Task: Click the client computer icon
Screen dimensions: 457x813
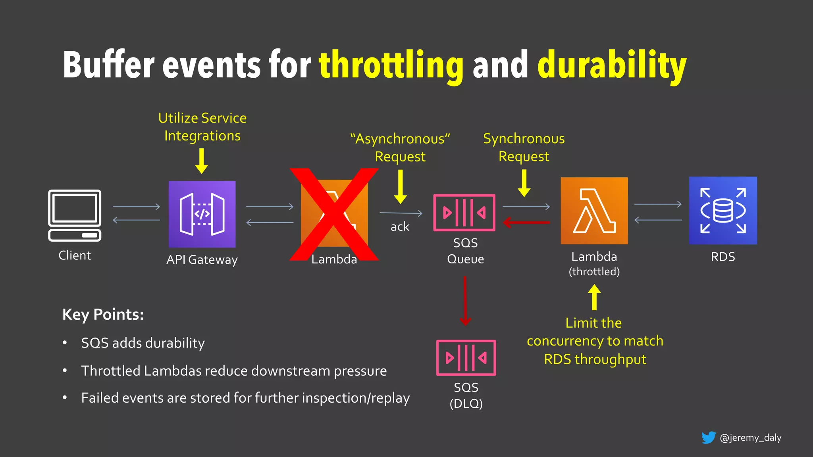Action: coord(75,215)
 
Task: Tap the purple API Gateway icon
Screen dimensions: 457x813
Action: coord(202,214)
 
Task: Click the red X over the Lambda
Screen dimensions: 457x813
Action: coord(334,215)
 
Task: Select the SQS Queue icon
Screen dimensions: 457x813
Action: coord(464,213)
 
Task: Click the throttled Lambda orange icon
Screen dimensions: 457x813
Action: coord(594,211)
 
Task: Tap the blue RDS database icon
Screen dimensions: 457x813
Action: coord(723,211)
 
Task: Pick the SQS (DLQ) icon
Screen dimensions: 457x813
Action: coord(466,357)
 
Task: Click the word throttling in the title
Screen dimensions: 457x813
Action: coord(391,65)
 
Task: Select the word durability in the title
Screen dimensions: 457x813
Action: coord(612,65)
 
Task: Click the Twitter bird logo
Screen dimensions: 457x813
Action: coord(708,438)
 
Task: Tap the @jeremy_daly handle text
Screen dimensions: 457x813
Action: coord(750,438)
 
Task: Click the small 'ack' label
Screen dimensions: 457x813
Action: coord(400,227)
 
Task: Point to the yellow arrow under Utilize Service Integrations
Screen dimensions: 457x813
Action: coord(202,161)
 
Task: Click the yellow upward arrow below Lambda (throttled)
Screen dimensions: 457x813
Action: coord(594,297)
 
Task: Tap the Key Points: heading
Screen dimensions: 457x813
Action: coord(103,315)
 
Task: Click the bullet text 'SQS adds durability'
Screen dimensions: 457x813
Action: coord(143,343)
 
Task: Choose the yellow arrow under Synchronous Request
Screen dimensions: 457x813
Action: coord(524,183)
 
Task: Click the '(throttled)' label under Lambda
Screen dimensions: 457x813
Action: coord(594,272)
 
